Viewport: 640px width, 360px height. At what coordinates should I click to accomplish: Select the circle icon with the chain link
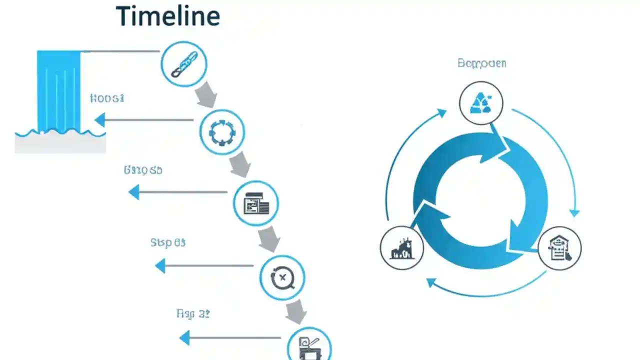pyautogui.click(x=183, y=64)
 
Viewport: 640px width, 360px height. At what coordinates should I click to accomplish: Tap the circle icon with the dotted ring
pyautogui.click(x=222, y=131)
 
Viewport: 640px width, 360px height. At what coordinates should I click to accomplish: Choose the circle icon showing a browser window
pyautogui.click(x=256, y=203)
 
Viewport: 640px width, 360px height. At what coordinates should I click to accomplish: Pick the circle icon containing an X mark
pyautogui.click(x=282, y=277)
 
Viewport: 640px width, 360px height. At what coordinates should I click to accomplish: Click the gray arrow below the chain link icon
pyautogui.click(x=205, y=95)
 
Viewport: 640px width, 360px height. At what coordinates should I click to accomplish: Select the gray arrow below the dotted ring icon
pyautogui.click(x=239, y=165)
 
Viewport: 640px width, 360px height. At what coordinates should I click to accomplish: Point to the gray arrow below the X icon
pyautogui.click(x=296, y=311)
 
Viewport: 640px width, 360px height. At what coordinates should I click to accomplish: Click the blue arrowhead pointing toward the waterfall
pyautogui.click(x=100, y=119)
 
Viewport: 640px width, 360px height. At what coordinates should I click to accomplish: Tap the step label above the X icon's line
pyautogui.click(x=167, y=243)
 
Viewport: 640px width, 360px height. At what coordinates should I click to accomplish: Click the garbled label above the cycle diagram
pyautogui.click(x=481, y=63)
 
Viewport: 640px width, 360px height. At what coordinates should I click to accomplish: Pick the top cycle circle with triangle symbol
pyautogui.click(x=480, y=103)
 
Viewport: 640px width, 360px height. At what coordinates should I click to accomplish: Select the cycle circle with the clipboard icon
pyautogui.click(x=559, y=248)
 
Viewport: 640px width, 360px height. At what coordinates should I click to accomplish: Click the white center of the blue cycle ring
pyautogui.click(x=480, y=200)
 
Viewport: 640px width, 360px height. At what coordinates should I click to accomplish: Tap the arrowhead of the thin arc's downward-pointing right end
pyautogui.click(x=574, y=212)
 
